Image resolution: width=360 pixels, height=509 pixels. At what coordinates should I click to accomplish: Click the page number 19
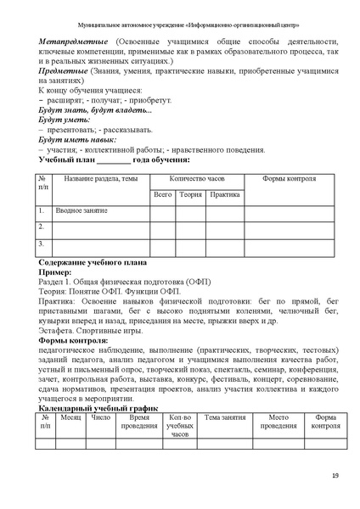pyautogui.click(x=335, y=474)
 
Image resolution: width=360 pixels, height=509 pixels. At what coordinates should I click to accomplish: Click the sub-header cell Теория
pyautogui.click(x=190, y=194)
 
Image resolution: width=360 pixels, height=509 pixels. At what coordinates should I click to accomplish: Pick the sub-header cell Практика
pyautogui.click(x=224, y=194)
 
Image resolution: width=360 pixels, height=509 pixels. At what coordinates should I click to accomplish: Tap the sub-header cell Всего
pyautogui.click(x=162, y=194)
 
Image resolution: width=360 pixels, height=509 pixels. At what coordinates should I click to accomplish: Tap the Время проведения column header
pyautogui.click(x=138, y=422)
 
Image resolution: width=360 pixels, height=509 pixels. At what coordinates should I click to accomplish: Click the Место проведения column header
pyautogui.click(x=278, y=422)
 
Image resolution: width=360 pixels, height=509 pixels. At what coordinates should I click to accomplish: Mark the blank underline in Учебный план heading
pyautogui.click(x=114, y=159)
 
